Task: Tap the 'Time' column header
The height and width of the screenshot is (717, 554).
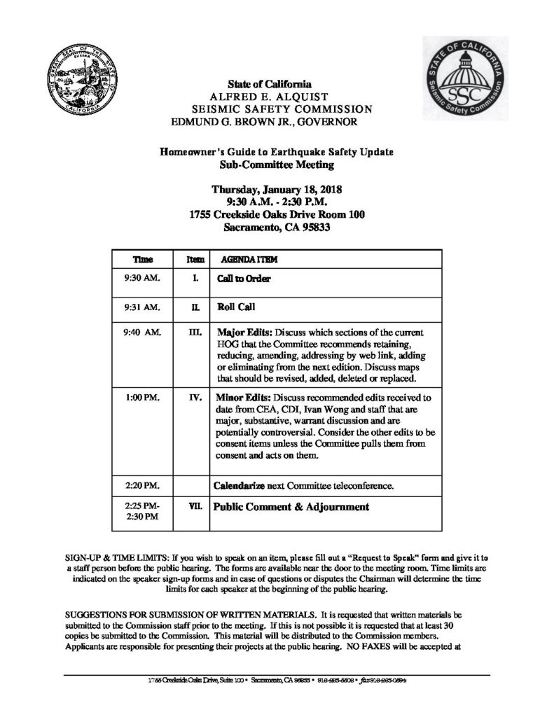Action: point(142,258)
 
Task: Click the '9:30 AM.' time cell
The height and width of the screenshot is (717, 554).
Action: point(141,278)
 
